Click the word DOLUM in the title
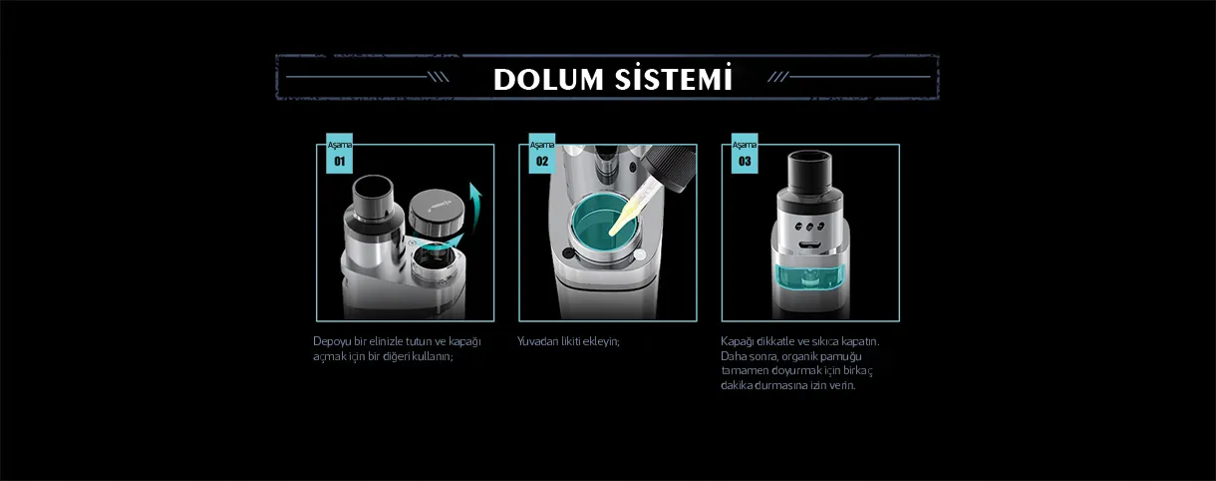coord(548,80)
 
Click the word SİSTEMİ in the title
coord(674,77)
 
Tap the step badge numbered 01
coord(339,154)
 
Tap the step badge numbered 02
coord(542,154)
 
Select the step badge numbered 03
coord(745,154)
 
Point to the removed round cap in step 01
coord(437,211)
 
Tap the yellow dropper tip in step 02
coord(623,218)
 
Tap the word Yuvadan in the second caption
coord(537,341)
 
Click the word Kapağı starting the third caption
coord(738,342)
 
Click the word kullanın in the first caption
coord(433,356)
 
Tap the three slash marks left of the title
coord(439,77)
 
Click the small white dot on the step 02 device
coord(640,254)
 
